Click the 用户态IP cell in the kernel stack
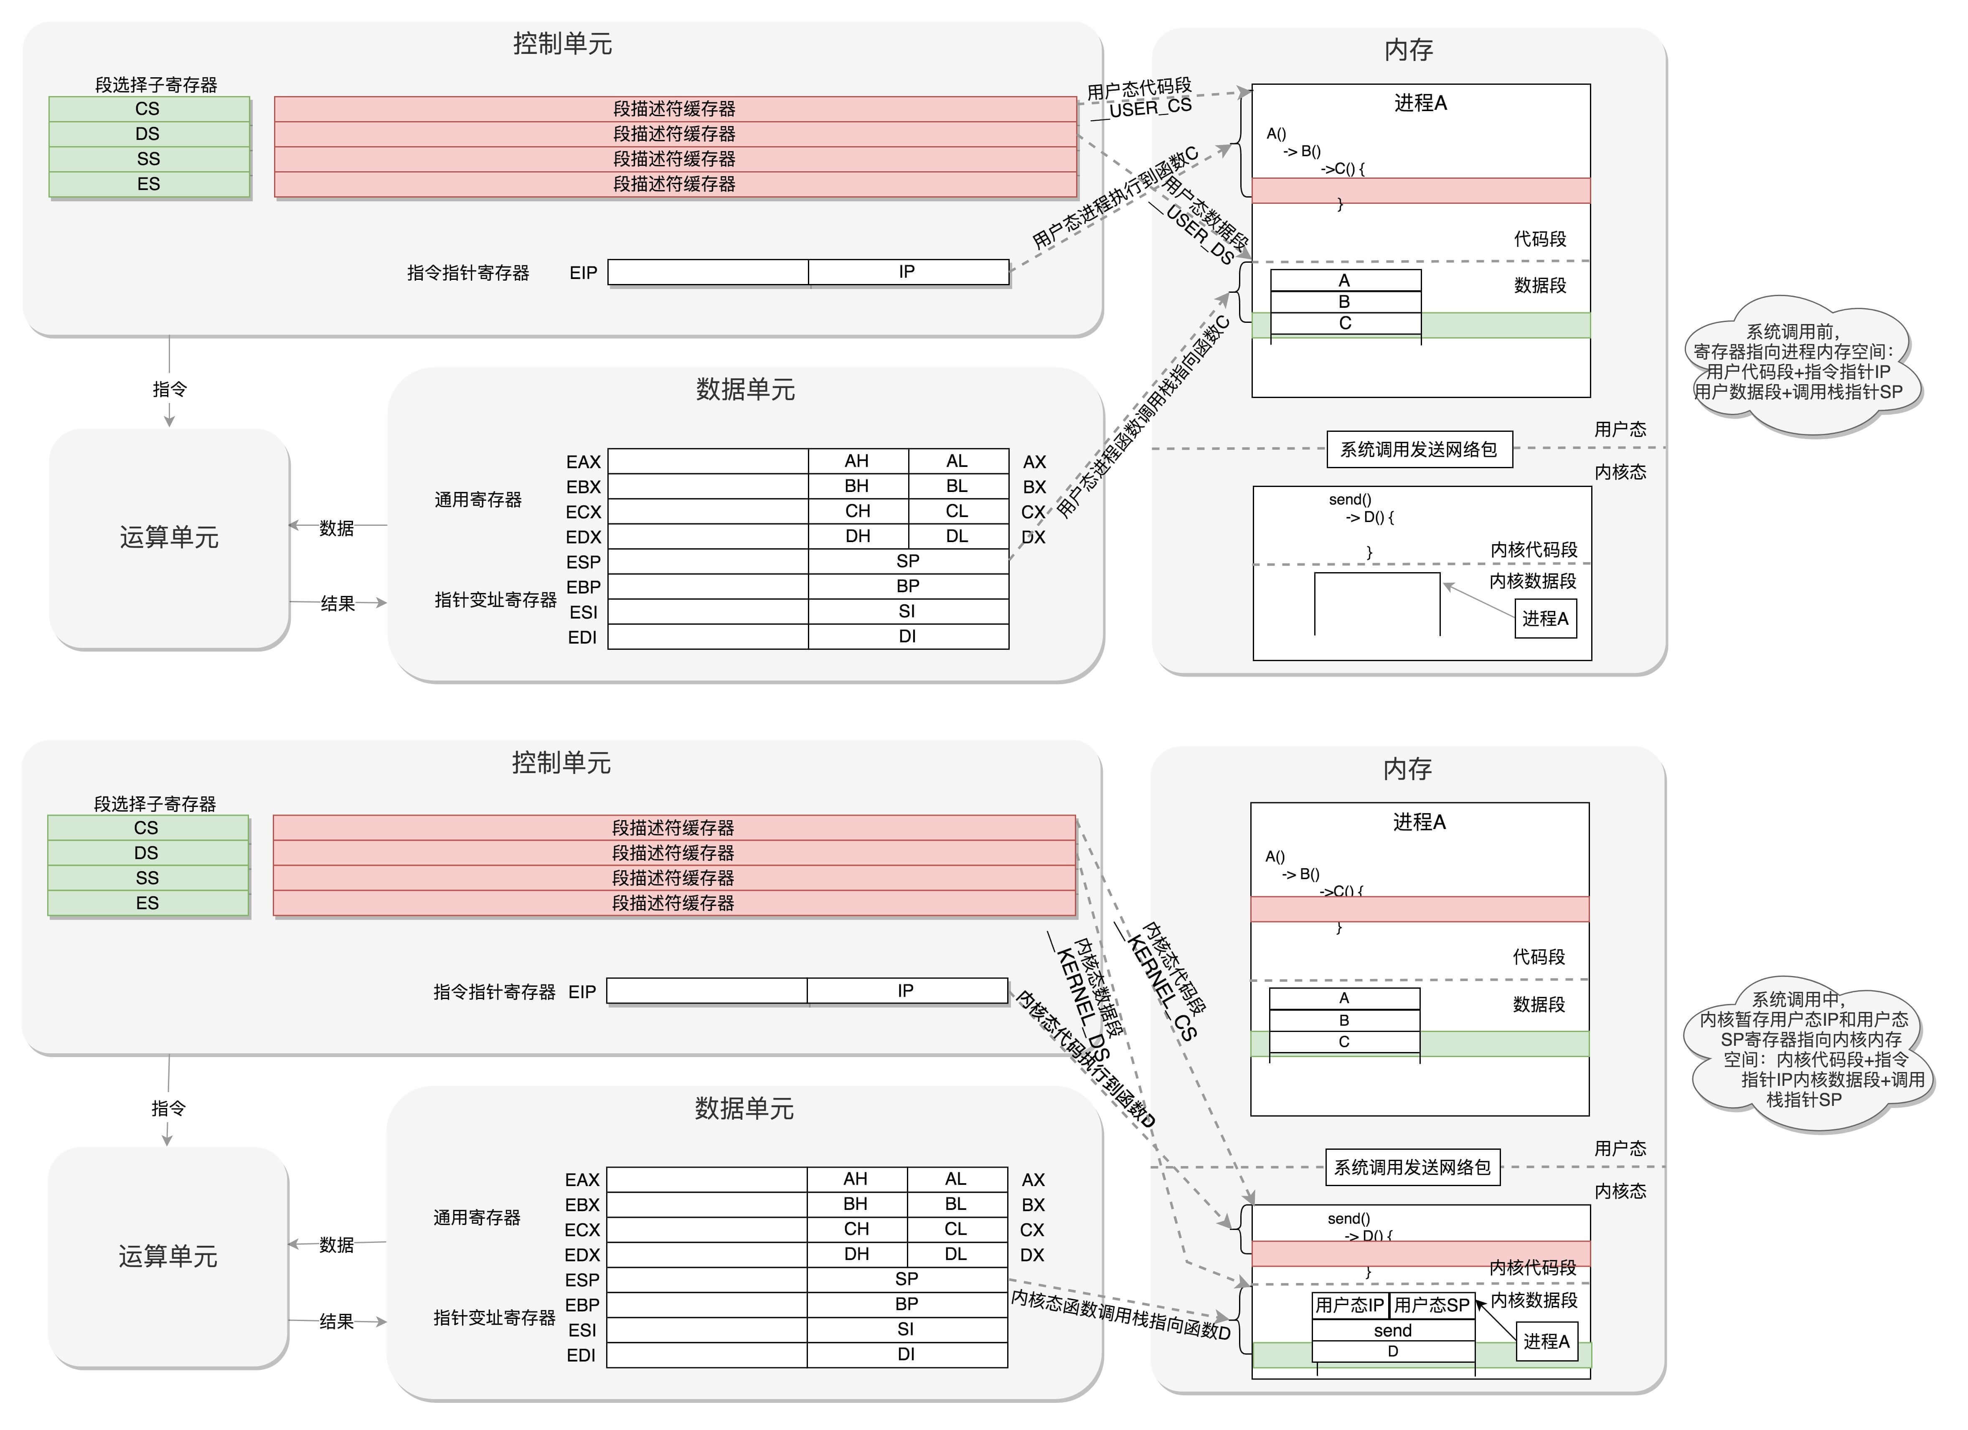pyautogui.click(x=1349, y=1305)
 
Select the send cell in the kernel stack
pyautogui.click(x=1393, y=1330)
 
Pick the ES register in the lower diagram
pyautogui.click(x=147, y=903)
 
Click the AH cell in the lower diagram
pyautogui.click(x=856, y=1179)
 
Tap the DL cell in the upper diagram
pyautogui.click(x=957, y=536)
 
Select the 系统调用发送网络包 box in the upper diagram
pyautogui.click(x=1419, y=449)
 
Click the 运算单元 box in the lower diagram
pyautogui.click(x=168, y=1256)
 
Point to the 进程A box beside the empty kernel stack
pyautogui.click(x=1545, y=619)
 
